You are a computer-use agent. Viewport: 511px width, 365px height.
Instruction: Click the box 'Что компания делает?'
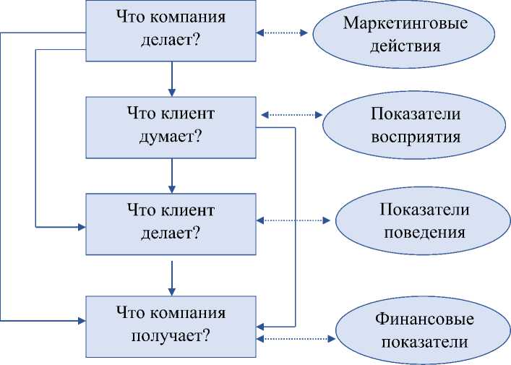tap(171, 30)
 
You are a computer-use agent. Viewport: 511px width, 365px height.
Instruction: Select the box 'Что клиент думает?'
tap(171, 126)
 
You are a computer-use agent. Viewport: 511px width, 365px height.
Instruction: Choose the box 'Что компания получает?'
tap(171, 325)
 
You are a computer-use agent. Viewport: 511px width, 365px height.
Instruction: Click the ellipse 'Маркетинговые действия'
tap(405, 33)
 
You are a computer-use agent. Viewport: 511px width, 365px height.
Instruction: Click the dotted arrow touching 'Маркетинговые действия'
tap(284, 33)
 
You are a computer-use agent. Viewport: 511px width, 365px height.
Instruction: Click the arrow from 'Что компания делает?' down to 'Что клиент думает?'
tap(171, 79)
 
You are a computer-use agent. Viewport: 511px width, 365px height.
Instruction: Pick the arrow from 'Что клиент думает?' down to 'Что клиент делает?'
tap(171, 175)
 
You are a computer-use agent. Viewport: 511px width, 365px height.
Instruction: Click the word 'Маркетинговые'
tap(405, 22)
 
